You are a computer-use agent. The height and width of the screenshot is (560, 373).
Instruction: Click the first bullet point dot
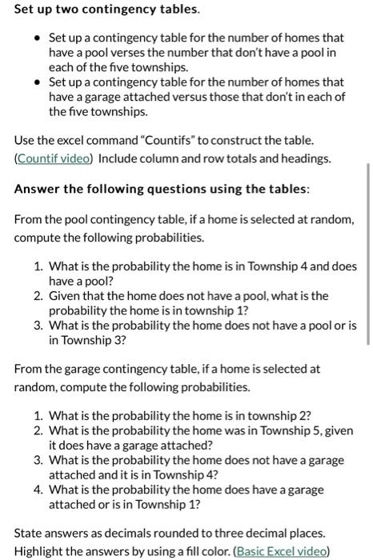[x=38, y=38]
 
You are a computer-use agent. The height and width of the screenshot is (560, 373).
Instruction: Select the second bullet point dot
[x=38, y=82]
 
